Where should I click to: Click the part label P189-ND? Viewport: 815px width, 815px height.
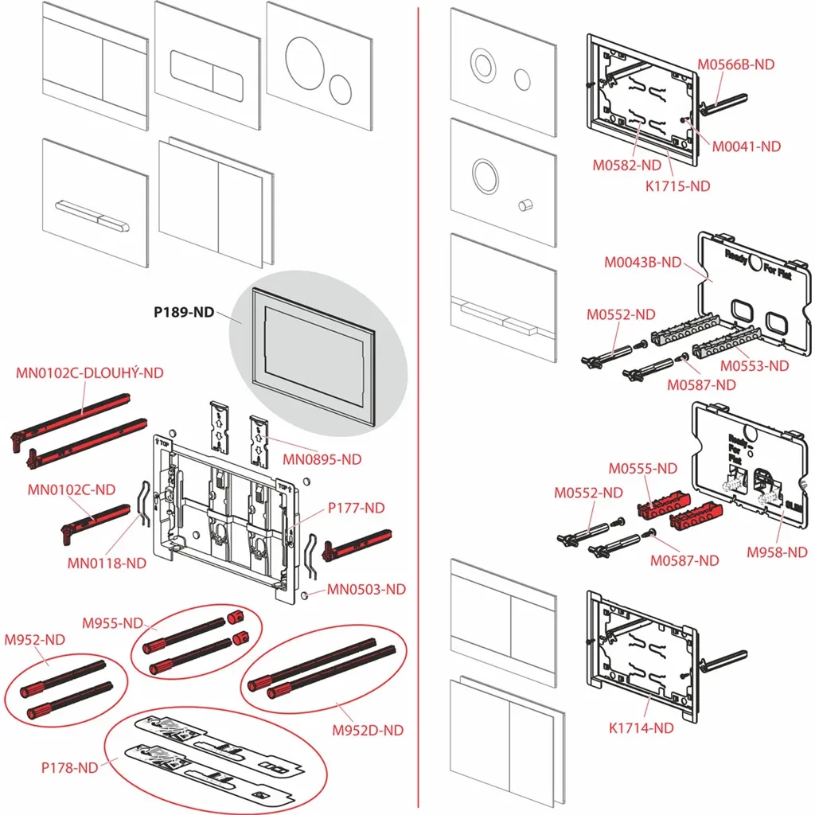tap(184, 313)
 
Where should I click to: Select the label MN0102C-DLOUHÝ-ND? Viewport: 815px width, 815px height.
tap(90, 372)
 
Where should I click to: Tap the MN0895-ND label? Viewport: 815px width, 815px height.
tap(322, 459)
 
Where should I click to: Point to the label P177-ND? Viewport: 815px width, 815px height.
tap(357, 508)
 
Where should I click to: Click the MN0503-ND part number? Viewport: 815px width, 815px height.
tap(367, 589)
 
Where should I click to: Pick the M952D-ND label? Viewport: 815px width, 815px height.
tap(367, 730)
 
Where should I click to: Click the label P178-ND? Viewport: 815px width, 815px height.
tap(70, 768)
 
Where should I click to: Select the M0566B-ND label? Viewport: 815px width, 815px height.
tap(735, 65)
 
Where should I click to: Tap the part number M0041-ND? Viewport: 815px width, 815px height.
tap(745, 146)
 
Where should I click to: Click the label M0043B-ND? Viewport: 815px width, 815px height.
tap(643, 262)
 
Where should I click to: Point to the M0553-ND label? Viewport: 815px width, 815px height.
tap(755, 366)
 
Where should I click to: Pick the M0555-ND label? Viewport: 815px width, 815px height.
tap(643, 469)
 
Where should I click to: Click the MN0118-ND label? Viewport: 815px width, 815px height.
tap(107, 563)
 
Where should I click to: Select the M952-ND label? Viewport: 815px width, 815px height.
tap(34, 639)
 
